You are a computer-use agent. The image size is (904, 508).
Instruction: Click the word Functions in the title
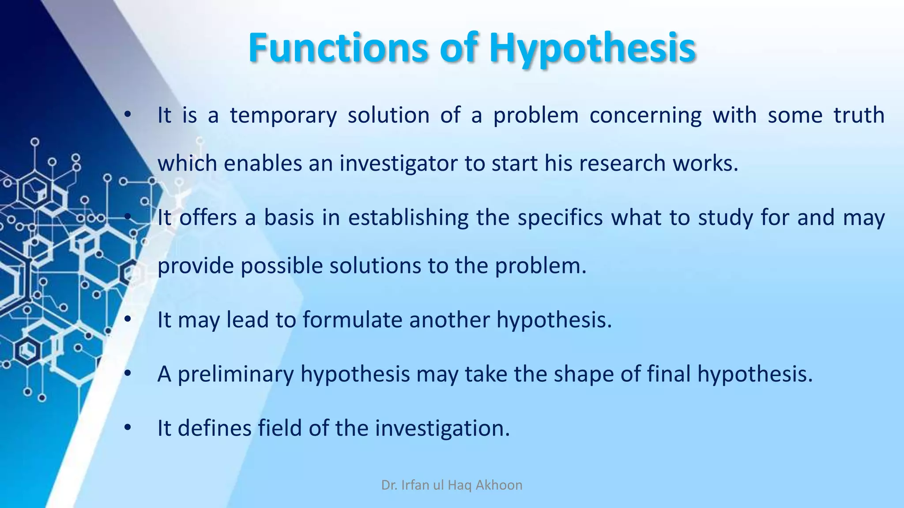tap(338, 48)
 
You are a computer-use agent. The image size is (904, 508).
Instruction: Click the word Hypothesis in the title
tap(592, 48)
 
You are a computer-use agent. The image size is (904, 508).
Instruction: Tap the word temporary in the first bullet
tap(283, 116)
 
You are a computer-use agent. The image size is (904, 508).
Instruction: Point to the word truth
tap(859, 116)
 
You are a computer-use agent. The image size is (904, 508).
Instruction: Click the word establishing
tap(408, 218)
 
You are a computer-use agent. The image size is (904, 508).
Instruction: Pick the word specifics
tap(560, 218)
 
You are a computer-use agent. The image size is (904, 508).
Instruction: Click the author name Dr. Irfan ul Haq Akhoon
tap(452, 485)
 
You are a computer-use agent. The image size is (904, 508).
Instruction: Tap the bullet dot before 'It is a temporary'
tap(128, 116)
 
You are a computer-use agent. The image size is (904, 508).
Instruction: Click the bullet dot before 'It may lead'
tap(128, 320)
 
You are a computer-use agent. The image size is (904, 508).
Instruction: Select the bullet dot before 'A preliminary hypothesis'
tap(128, 374)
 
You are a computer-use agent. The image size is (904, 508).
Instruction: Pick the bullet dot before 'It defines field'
tap(128, 428)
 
